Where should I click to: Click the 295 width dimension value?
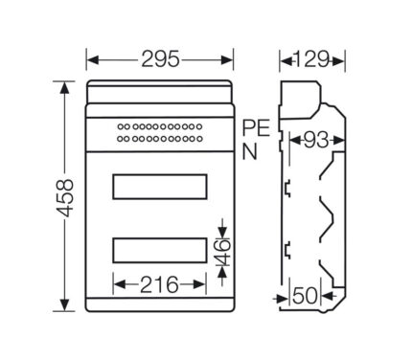(x=160, y=59)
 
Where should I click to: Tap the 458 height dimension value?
(x=64, y=198)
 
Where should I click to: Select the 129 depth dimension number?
(x=311, y=59)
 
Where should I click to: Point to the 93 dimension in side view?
(x=316, y=140)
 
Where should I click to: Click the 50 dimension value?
(x=306, y=296)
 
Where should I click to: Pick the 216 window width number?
(x=159, y=284)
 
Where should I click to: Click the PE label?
(x=256, y=128)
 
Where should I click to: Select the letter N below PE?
(x=249, y=151)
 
